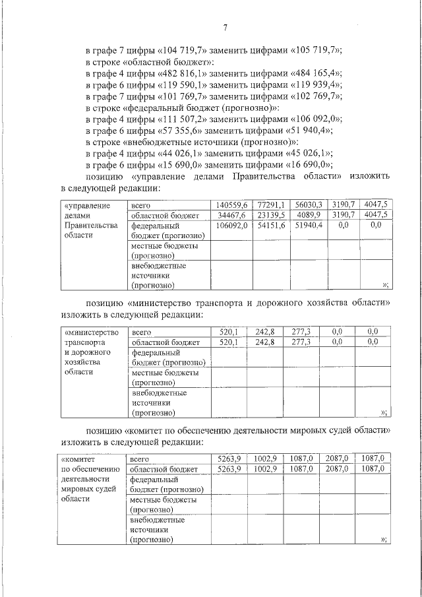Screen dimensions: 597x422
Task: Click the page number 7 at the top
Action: pos(225,28)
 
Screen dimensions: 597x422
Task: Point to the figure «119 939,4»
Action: pos(318,84)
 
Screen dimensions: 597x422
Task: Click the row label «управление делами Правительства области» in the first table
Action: pos(90,221)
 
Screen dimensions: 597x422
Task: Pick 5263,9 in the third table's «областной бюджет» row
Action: pos(229,469)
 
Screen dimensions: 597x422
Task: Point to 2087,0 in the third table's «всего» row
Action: pos(336,458)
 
